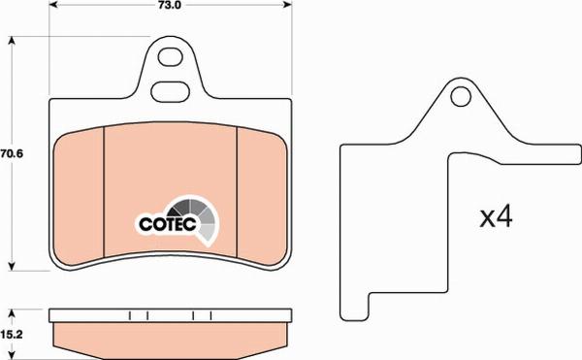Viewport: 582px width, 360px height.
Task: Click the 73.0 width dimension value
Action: tap(171, 5)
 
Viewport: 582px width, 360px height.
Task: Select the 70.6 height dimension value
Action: tap(12, 153)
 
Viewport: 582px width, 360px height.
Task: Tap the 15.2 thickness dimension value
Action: tap(12, 335)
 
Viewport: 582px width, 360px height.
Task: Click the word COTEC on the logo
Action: tap(168, 224)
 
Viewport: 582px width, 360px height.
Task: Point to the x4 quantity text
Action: tap(496, 217)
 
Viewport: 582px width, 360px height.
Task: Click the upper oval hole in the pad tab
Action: tap(171, 57)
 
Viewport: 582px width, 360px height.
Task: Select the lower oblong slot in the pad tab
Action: tap(171, 91)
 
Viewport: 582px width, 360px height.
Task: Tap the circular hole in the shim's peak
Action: tap(461, 96)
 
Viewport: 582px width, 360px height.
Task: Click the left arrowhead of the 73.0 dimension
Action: tap(53, 5)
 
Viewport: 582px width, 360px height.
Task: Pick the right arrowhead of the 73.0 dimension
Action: tap(287, 5)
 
